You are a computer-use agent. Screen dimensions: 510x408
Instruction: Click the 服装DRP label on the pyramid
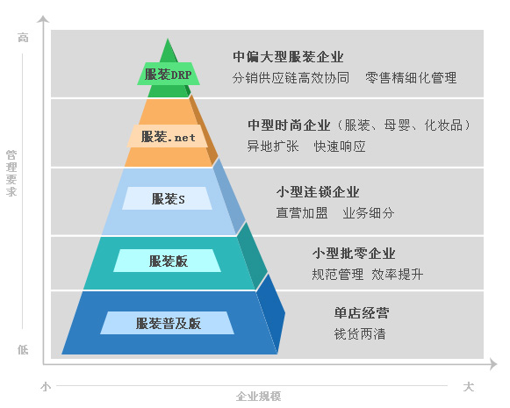169,75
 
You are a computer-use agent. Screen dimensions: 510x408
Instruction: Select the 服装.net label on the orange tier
169,137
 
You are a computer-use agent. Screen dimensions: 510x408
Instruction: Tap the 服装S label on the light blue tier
169,198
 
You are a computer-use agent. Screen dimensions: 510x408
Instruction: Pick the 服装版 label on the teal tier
169,261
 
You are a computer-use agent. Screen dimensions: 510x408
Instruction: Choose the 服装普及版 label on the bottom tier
169,323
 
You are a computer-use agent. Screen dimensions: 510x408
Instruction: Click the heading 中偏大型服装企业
288,56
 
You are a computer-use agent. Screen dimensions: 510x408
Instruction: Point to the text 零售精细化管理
411,78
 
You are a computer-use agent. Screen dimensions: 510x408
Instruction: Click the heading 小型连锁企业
318,192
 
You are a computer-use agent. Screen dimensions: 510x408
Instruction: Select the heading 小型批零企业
354,254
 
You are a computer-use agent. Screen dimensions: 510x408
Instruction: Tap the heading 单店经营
362,312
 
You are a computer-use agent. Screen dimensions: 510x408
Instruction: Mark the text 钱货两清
360,334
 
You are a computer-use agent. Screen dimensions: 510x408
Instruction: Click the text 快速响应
340,147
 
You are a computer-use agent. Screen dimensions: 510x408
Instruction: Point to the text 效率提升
397,275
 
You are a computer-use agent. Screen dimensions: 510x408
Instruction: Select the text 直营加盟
302,213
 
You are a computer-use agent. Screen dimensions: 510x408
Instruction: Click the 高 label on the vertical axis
23,38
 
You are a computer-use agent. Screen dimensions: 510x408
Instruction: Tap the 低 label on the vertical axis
23,350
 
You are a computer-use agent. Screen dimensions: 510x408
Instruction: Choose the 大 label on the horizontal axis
469,387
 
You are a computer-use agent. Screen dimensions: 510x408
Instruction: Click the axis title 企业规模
259,397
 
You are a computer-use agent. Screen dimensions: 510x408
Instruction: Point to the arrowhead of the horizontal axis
493,364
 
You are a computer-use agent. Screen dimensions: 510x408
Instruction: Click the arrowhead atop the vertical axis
43,18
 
